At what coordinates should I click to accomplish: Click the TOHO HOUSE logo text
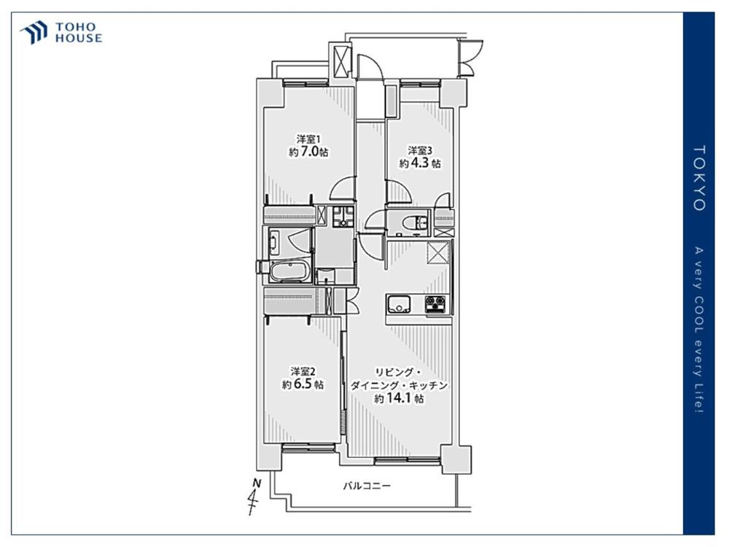tap(79, 33)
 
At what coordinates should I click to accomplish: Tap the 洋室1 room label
tap(308, 139)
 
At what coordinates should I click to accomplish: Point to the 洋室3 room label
tap(420, 150)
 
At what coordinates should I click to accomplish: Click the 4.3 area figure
tap(419, 163)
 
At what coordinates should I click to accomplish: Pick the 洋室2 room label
tap(303, 371)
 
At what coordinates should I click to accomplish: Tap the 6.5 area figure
tap(303, 384)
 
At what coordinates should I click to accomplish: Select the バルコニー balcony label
tap(367, 486)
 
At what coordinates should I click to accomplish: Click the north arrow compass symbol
tap(254, 496)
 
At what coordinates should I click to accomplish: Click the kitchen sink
tap(399, 304)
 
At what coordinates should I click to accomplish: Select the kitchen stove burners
tap(436, 304)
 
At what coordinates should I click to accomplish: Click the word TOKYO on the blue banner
tap(699, 178)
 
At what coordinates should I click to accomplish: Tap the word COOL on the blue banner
tap(699, 318)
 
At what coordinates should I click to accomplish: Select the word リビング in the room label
tap(394, 372)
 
